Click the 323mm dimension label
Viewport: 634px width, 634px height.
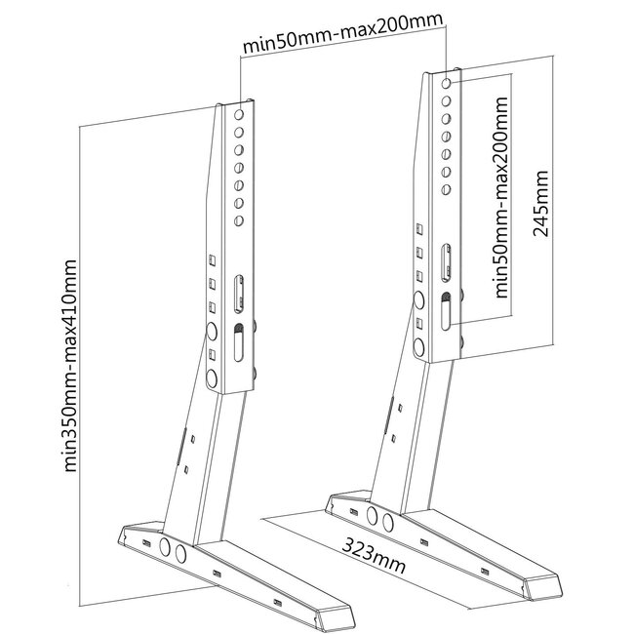pyautogui.click(x=374, y=554)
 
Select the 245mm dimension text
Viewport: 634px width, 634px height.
pyautogui.click(x=540, y=204)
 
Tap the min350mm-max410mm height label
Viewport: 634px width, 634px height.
pyautogui.click(x=70, y=366)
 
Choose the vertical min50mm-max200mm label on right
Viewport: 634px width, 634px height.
pyautogui.click(x=500, y=197)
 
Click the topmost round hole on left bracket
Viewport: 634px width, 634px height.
pyautogui.click(x=239, y=114)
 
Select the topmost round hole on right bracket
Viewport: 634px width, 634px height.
pyautogui.click(x=446, y=83)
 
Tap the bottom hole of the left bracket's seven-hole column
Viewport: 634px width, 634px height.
pyautogui.click(x=239, y=220)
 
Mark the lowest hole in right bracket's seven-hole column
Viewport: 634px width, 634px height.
pyautogui.click(x=446, y=189)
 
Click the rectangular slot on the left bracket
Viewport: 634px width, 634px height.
pyautogui.click(x=239, y=294)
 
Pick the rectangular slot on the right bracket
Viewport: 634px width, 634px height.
pyautogui.click(x=446, y=262)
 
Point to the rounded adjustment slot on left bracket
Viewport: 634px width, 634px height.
pyautogui.click(x=239, y=342)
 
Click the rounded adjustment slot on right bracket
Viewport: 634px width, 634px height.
pyautogui.click(x=446, y=311)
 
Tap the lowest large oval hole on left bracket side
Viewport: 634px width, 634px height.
pyautogui.click(x=212, y=378)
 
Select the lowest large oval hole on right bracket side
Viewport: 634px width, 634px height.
pyautogui.click(x=418, y=347)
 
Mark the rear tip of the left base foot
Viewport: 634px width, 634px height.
pyautogui.click(x=120, y=537)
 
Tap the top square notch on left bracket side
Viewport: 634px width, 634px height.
pyautogui.click(x=212, y=260)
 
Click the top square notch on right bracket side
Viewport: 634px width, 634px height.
pyautogui.click(x=419, y=229)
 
